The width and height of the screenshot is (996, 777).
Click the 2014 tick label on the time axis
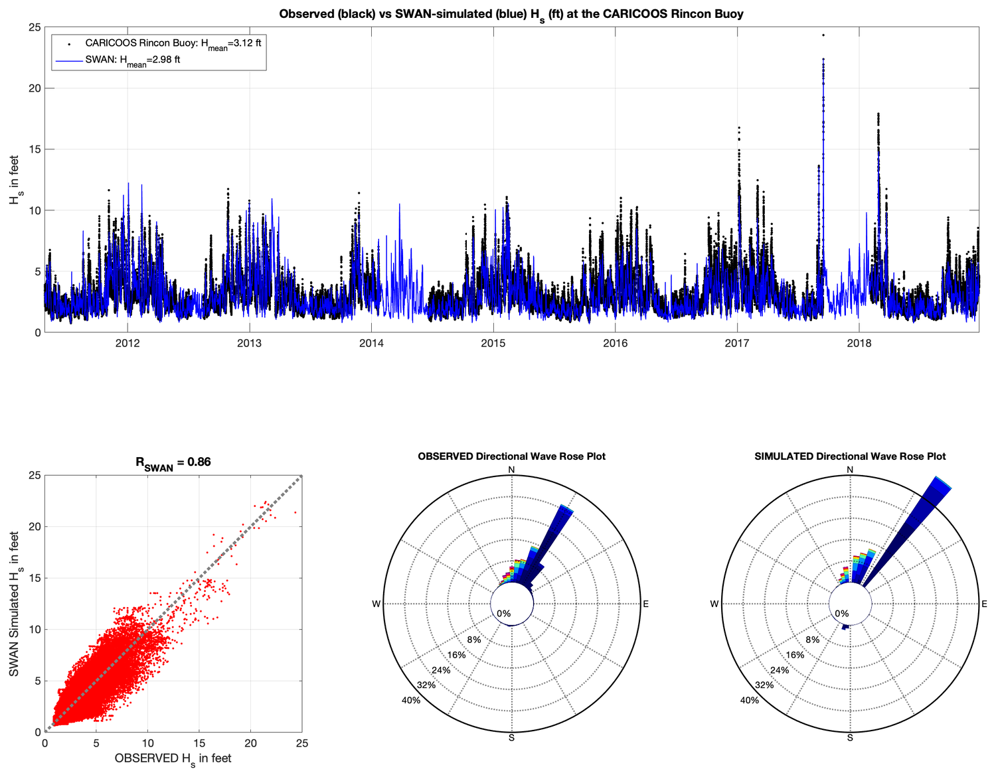tap(371, 343)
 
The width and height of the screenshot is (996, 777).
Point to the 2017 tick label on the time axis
tap(737, 343)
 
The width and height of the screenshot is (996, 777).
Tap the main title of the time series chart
tap(511, 14)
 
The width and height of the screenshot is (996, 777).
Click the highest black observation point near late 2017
tap(823, 35)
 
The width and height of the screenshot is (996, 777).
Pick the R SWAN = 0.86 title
tap(173, 462)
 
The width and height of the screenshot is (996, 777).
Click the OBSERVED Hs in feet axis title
tap(173, 758)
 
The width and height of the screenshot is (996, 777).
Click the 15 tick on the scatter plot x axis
tap(199, 744)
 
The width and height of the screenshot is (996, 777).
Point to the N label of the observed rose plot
tap(511, 470)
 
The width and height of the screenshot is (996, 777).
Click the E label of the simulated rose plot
tap(984, 604)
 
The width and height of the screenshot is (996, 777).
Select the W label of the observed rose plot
tap(376, 604)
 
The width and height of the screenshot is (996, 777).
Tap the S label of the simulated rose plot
tap(850, 737)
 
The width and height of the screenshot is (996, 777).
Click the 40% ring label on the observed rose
tap(411, 700)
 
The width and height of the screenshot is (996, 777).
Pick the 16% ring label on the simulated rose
tap(795, 655)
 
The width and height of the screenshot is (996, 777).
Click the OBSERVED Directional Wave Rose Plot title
tap(511, 457)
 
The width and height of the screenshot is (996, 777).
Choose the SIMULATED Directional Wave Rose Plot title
tap(850, 457)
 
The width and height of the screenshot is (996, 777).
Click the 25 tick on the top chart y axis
tap(33, 27)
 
